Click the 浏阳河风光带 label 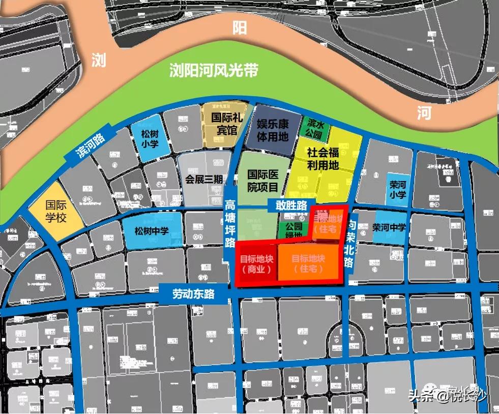coord(214,70)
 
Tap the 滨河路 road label coord(90,144)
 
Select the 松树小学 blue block coord(150,138)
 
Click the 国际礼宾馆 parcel coord(224,124)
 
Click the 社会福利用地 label coord(322,159)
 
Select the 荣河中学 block coord(389,227)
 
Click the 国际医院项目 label coord(262,181)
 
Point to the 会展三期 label coord(204,180)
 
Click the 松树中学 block coord(151,231)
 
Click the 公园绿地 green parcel coord(293,229)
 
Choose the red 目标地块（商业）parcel coord(257,264)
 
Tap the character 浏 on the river coord(99,61)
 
